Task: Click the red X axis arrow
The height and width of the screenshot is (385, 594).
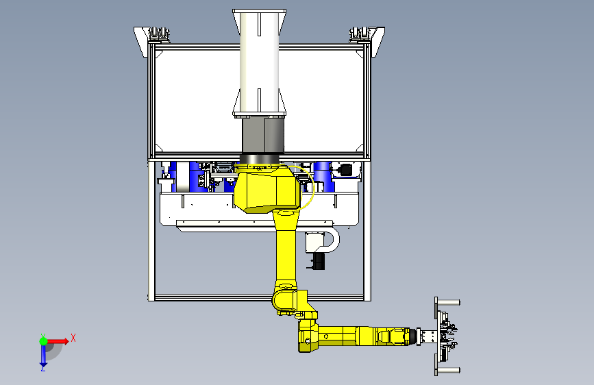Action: (58, 341)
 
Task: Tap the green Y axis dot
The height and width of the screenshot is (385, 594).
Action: (43, 341)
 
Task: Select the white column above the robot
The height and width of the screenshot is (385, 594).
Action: (260, 62)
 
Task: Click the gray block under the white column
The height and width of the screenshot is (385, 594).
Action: (263, 134)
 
